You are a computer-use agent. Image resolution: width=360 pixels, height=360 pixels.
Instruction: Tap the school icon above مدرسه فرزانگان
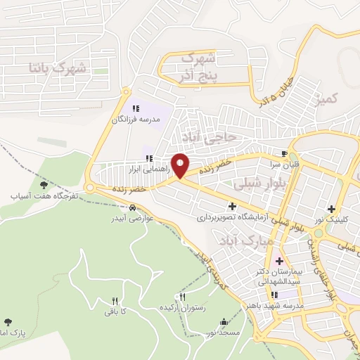click(136, 108)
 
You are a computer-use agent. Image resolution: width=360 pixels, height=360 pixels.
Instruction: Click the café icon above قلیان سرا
click(284, 153)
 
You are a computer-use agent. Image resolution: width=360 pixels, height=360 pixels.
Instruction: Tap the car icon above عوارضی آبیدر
click(132, 207)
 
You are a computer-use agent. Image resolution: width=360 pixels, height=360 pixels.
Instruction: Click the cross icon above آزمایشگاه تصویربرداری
click(232, 206)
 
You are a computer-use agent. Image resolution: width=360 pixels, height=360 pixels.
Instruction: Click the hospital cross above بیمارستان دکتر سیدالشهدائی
click(279, 261)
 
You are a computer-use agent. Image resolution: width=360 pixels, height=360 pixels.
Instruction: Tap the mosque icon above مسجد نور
click(224, 322)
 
